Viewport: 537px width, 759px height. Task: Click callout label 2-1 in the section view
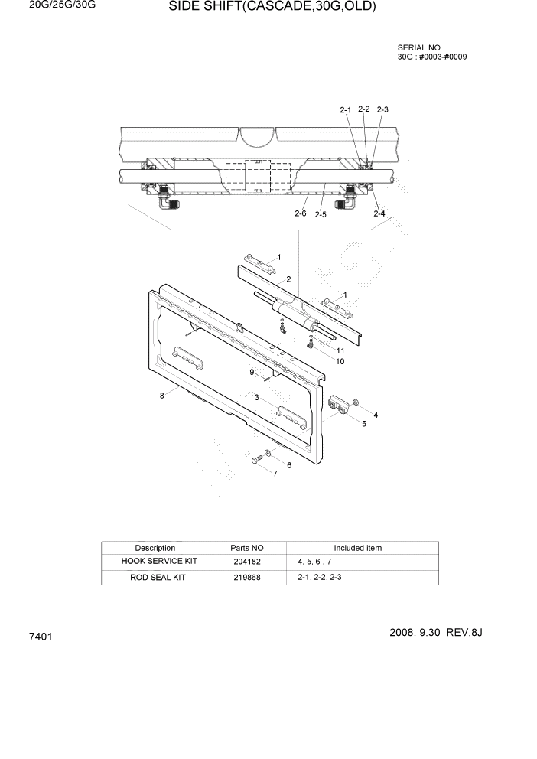coord(345,110)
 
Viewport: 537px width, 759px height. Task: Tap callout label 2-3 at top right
coord(382,109)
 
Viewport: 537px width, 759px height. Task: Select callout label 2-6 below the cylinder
coord(301,214)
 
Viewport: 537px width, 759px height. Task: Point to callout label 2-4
coord(379,214)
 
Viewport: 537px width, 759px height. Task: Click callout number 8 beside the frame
coord(161,396)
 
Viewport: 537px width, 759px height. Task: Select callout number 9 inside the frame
coord(251,372)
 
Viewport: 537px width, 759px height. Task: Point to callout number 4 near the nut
coord(375,415)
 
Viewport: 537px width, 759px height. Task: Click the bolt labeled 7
coord(256,459)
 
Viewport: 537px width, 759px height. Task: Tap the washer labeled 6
coord(270,454)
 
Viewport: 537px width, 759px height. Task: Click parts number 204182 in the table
coord(246,562)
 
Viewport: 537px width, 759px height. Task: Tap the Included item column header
coord(357,548)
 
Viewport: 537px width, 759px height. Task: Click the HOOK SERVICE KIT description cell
coord(159,562)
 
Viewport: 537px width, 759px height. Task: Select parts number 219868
coord(246,577)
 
